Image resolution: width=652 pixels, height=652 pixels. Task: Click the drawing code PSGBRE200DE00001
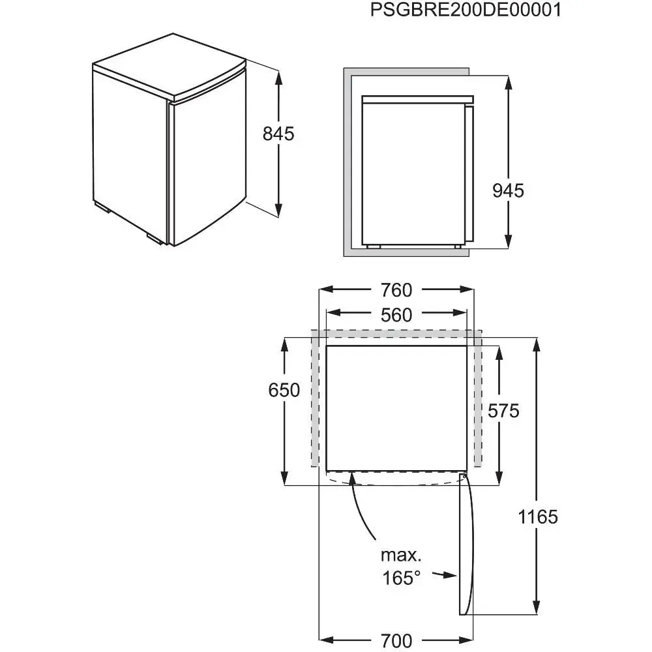pos(466,11)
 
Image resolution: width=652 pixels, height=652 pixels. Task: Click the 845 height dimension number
pos(278,134)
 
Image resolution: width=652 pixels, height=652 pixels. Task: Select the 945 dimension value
pos(508,191)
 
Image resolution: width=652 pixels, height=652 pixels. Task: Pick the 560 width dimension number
pos(397,316)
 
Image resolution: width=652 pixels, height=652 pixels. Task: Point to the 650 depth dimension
pos(284,390)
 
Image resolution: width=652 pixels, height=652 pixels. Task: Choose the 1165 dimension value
pos(538,517)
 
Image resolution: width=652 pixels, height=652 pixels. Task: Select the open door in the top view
pos(464,548)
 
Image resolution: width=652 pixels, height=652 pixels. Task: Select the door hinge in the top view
pos(463,479)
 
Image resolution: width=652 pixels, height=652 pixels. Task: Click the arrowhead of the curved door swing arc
pos(353,479)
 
